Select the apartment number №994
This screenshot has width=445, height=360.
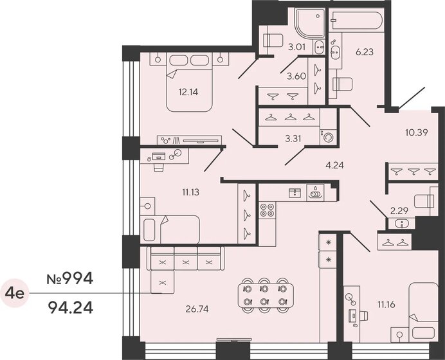[x=71, y=279]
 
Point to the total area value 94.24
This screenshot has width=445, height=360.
[x=71, y=309]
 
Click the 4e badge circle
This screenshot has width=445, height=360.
[x=15, y=294]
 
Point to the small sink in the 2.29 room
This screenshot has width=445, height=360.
[x=402, y=223]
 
